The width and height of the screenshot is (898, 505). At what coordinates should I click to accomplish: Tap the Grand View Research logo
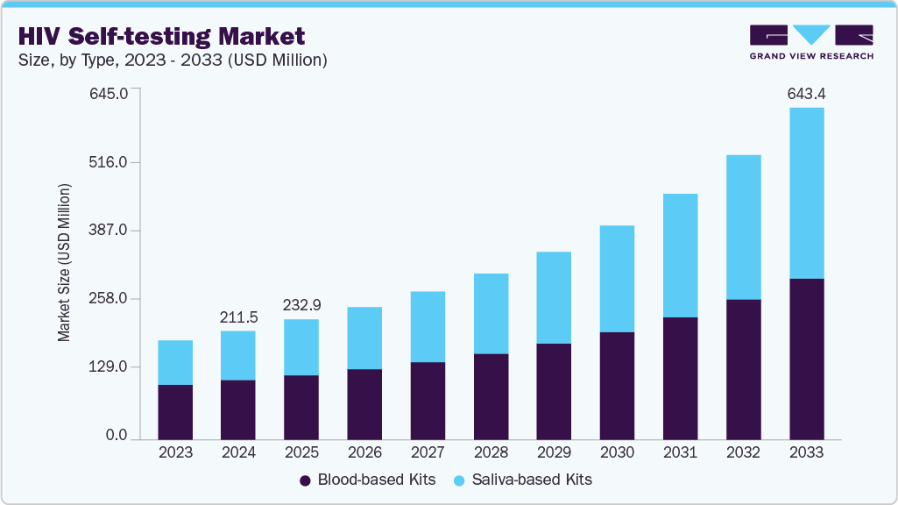click(811, 42)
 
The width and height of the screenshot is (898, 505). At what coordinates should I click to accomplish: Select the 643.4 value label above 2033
click(806, 93)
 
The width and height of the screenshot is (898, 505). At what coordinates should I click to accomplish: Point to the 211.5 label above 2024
click(238, 317)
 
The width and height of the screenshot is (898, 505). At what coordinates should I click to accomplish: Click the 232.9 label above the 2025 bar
click(301, 305)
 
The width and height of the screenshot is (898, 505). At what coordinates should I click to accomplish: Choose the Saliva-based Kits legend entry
click(523, 480)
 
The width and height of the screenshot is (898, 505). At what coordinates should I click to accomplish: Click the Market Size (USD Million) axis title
click(64, 263)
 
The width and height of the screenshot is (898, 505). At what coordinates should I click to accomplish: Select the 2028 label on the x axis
click(491, 452)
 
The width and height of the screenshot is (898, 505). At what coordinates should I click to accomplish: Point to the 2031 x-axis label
click(680, 452)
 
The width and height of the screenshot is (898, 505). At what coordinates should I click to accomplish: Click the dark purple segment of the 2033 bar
click(806, 358)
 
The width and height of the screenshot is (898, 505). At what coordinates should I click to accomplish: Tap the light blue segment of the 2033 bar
click(806, 193)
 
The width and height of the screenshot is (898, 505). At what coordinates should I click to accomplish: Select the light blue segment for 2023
click(175, 362)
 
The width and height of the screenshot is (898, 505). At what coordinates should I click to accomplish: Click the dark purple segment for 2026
click(364, 403)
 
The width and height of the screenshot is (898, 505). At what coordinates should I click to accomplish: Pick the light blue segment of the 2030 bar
click(617, 279)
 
